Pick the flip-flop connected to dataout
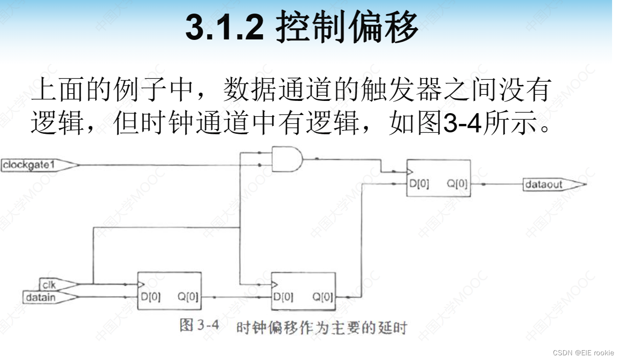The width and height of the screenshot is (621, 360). pos(438,178)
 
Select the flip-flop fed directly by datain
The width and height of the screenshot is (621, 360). pos(169,291)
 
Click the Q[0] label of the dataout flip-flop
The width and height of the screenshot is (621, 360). pos(457,184)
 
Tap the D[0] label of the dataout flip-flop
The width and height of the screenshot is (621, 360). pos(419,184)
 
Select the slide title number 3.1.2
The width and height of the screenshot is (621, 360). pos(224,27)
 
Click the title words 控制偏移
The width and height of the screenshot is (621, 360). pos(346,27)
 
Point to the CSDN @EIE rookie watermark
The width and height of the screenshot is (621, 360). pos(583,352)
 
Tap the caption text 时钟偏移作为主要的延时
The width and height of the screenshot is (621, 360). pos(321,328)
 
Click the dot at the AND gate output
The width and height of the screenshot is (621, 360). pos(317,159)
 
